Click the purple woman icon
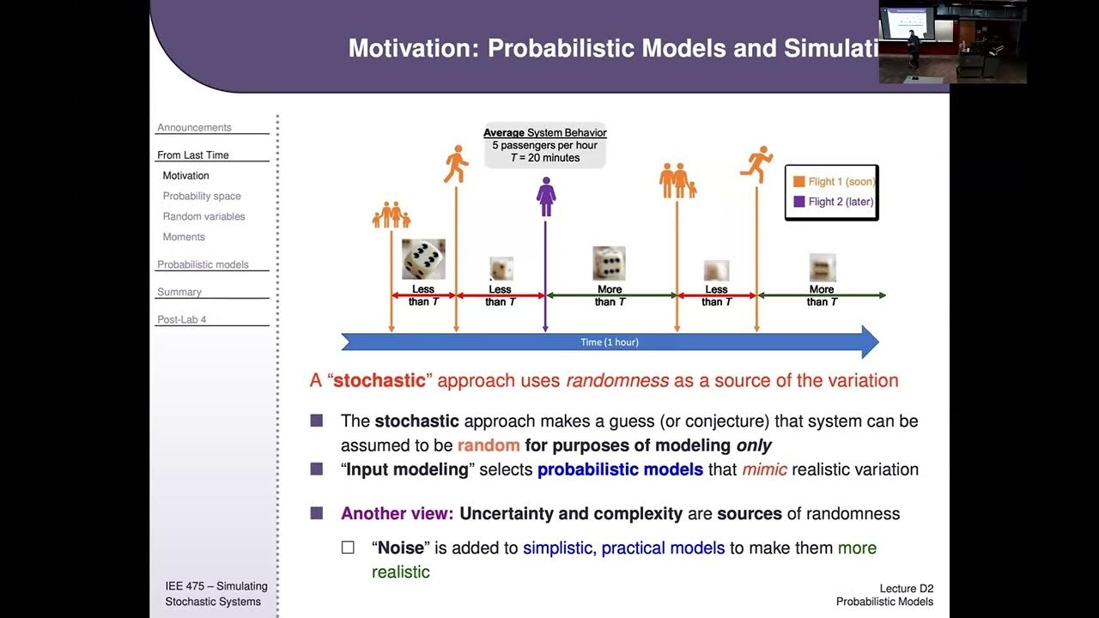tap(546, 197)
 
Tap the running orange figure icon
tap(757, 164)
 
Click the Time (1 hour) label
tap(610, 342)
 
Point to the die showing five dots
tap(423, 258)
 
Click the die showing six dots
tap(609, 264)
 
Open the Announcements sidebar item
tap(194, 127)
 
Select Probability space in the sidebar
tap(202, 196)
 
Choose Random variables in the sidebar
tap(203, 216)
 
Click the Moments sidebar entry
tap(184, 237)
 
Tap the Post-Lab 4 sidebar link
tap(181, 319)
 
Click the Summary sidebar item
tap(179, 292)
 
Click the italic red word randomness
tap(616, 380)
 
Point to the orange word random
tap(489, 445)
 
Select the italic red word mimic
tap(764, 470)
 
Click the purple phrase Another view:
tap(397, 513)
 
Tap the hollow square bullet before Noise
tap(348, 548)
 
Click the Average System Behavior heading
tap(544, 132)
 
